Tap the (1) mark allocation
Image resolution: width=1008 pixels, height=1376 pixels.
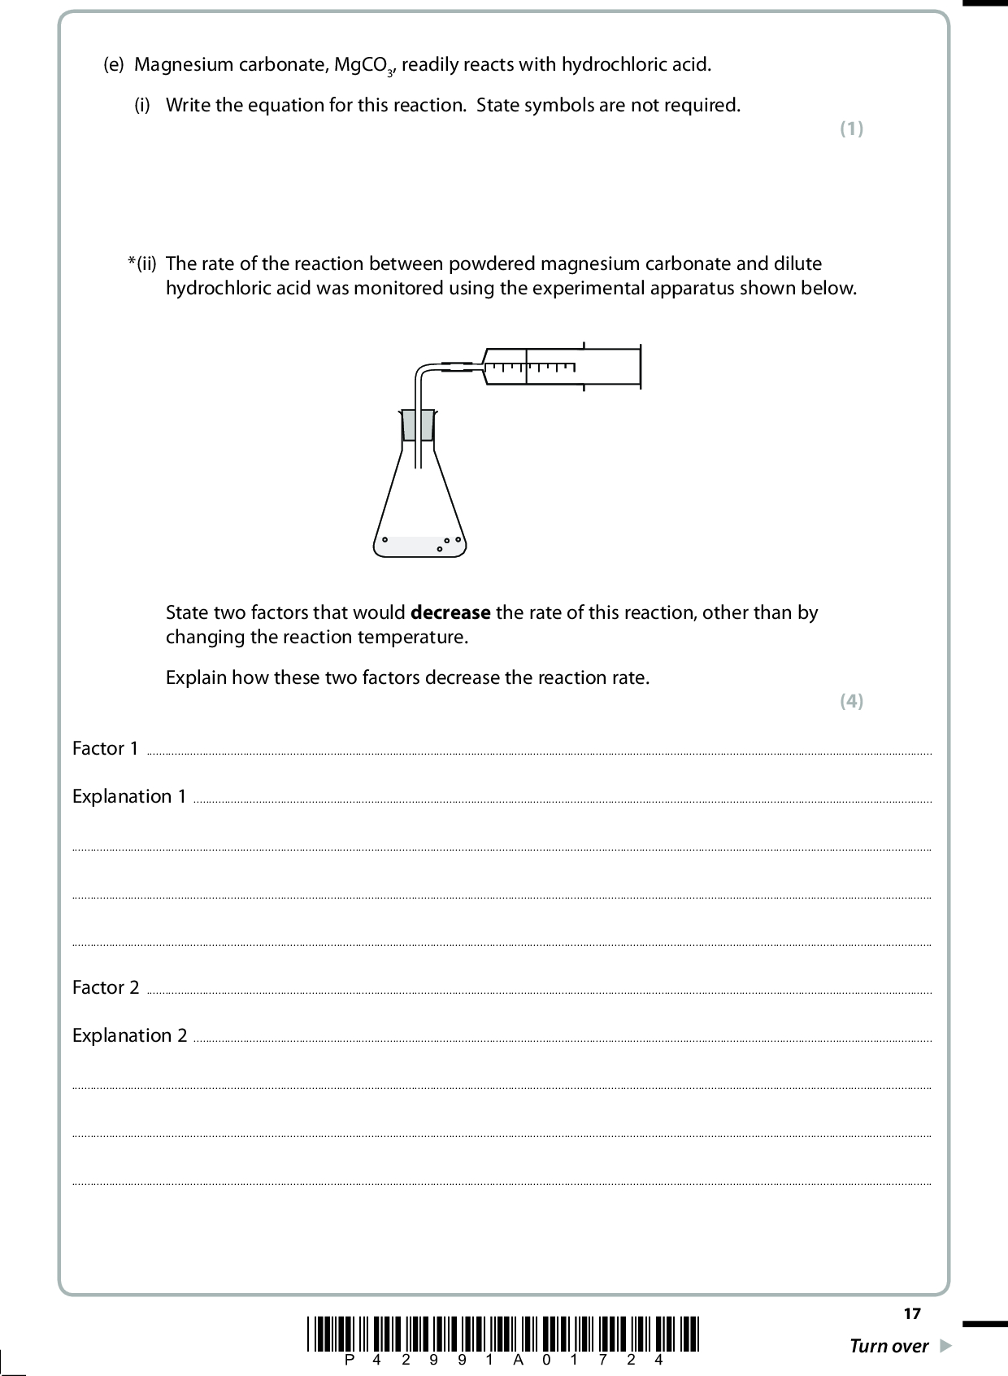[851, 128]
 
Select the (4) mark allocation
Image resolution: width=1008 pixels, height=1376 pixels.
[851, 701]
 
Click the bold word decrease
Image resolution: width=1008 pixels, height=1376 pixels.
[451, 612]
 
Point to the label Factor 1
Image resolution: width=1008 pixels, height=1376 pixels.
[105, 748]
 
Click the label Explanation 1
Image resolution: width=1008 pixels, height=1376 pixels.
[129, 796]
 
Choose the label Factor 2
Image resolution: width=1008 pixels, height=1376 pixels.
[106, 987]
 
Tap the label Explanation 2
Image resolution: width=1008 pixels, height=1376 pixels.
[129, 1035]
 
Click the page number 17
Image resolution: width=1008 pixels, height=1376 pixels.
[912, 1313]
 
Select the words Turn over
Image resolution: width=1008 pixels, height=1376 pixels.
[889, 1346]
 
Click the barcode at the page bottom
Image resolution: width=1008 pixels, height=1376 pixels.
[504, 1333]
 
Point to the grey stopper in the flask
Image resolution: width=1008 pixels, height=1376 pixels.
[418, 425]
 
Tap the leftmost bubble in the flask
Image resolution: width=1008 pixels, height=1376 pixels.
[385, 539]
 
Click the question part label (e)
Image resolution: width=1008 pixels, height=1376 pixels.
[114, 65]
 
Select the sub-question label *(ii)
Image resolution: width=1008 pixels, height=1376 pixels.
[141, 263]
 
